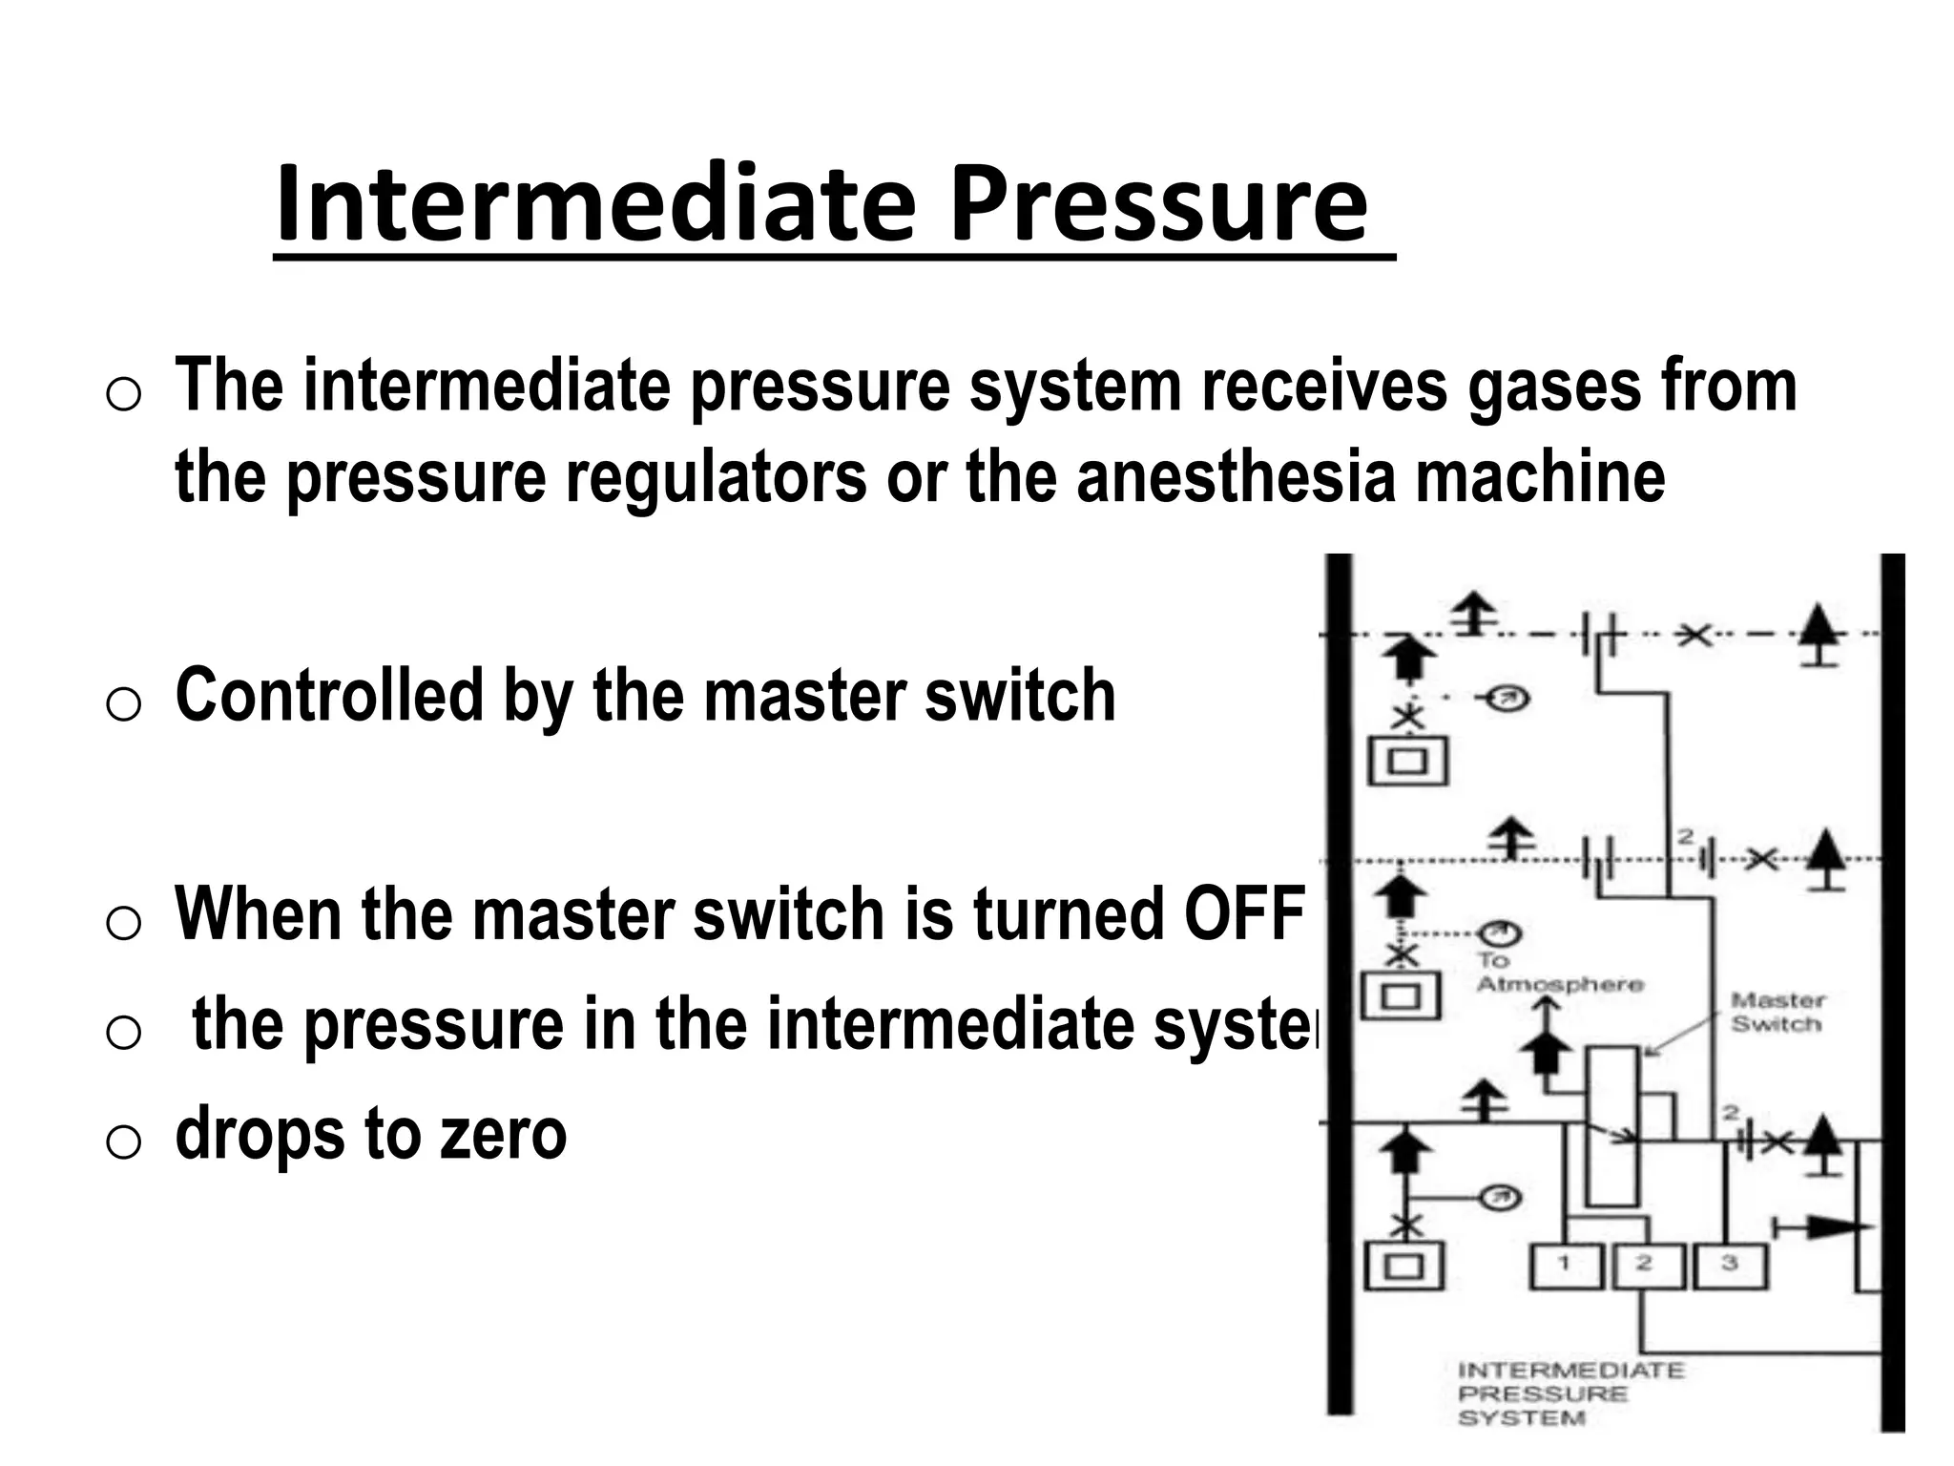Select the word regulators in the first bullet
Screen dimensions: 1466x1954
click(x=716, y=476)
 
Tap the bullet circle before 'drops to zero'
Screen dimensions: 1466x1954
click(x=123, y=1141)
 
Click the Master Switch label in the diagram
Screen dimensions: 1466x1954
click(x=1777, y=1013)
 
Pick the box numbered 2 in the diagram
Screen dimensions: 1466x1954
click(x=1647, y=1266)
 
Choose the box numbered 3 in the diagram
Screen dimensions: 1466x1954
click(x=1730, y=1266)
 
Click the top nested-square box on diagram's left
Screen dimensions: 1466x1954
click(x=1409, y=761)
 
